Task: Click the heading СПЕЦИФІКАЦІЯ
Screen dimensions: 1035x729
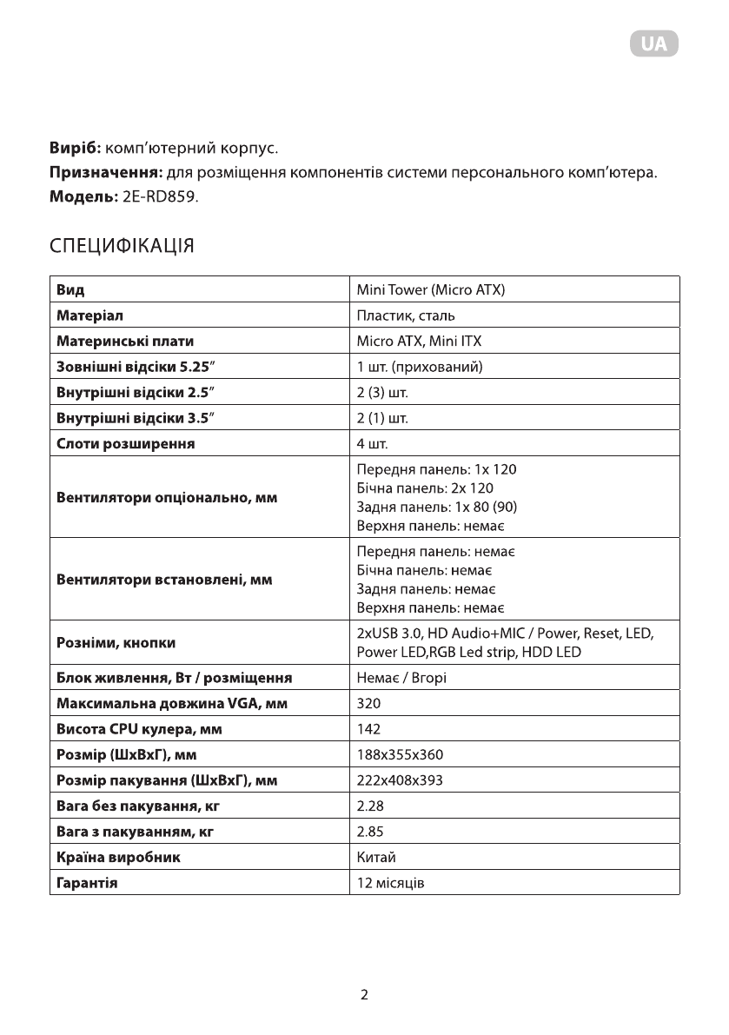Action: click(x=121, y=246)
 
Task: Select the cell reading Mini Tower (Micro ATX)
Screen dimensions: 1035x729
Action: click(x=431, y=289)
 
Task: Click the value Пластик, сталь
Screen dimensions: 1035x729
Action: click(x=406, y=315)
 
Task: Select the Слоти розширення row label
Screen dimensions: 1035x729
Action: click(x=125, y=444)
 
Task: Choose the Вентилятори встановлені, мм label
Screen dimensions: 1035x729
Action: click(x=164, y=580)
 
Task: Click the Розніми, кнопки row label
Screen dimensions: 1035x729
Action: click(x=116, y=643)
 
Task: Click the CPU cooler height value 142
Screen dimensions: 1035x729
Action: click(x=368, y=728)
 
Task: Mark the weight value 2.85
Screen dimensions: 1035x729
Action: click(x=370, y=832)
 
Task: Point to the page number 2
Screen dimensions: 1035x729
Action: click(x=365, y=995)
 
